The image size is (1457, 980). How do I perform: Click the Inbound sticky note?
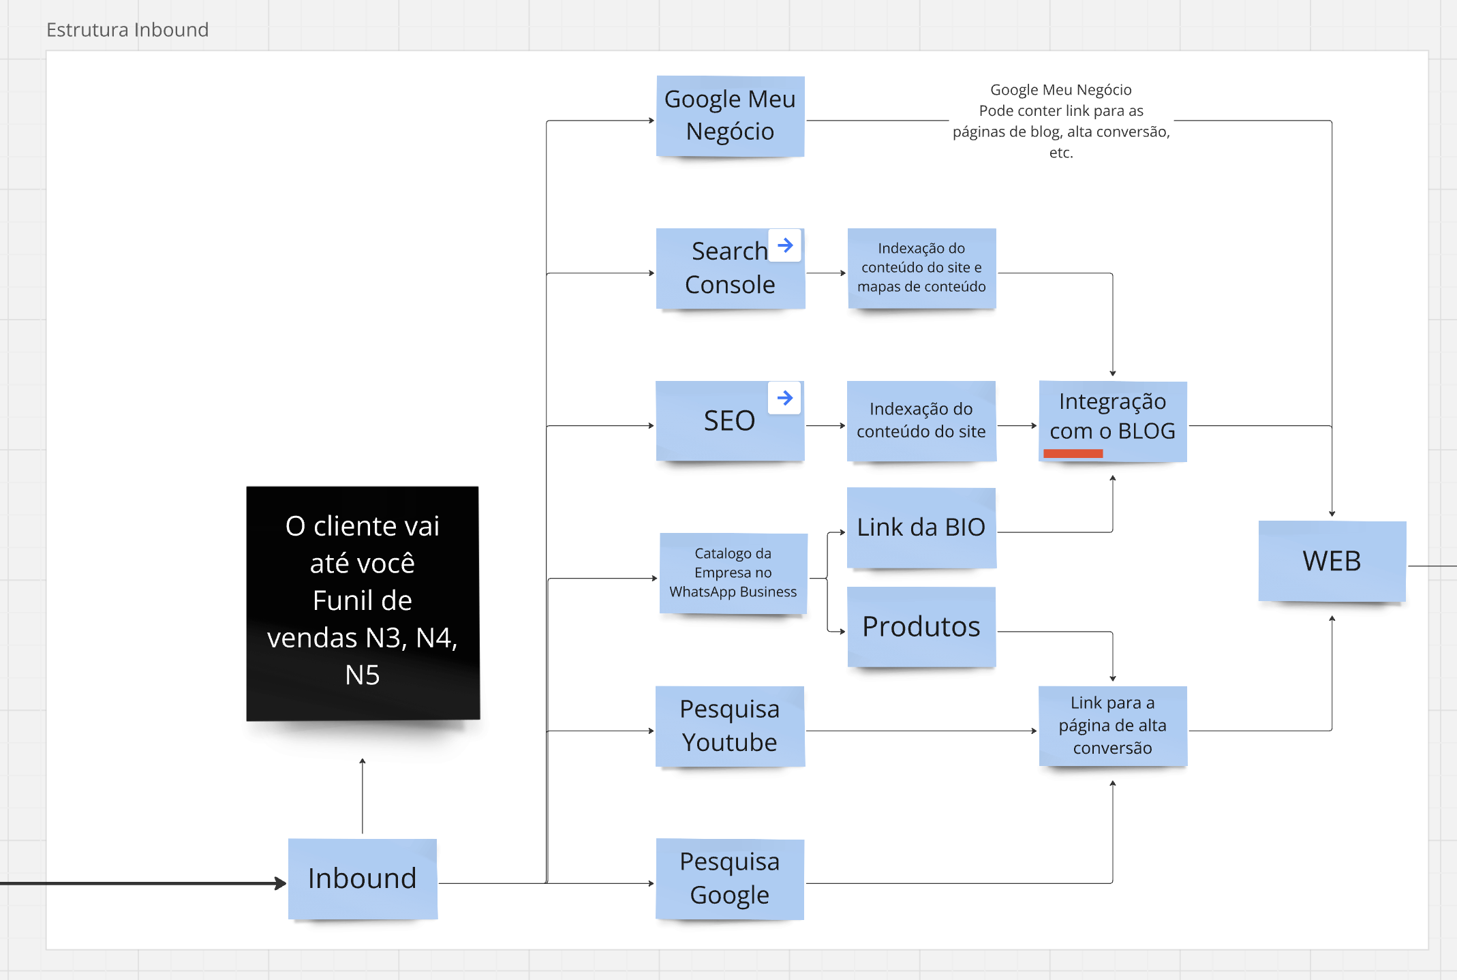pos(362,878)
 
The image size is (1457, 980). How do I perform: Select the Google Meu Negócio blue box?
pos(730,116)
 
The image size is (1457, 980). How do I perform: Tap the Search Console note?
pos(722,269)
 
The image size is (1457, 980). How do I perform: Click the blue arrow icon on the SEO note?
pos(784,398)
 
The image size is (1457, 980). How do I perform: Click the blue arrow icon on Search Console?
pos(785,245)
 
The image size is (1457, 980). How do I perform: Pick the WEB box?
pos(1332,561)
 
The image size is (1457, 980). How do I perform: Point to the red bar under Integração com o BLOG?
pos(1073,453)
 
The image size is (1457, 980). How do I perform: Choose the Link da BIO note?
pos(921,527)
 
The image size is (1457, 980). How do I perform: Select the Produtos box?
pos(921,626)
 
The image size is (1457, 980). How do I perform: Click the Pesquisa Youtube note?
pos(729,726)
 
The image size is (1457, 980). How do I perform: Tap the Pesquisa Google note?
pos(729,878)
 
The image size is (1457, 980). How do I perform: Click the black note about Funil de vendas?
pos(363,602)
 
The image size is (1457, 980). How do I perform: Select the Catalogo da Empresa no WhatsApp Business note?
pos(733,573)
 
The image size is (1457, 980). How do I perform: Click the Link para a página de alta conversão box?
pos(1112,725)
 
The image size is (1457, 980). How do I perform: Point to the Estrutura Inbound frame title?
pos(127,30)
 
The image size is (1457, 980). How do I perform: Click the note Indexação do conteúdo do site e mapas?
pos(921,268)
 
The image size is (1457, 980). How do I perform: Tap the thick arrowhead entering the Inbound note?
pos(280,883)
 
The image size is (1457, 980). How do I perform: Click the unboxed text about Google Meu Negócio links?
pos(1060,121)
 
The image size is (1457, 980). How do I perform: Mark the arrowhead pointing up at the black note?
pos(363,761)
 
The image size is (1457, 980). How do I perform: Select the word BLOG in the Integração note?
pos(1146,431)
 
